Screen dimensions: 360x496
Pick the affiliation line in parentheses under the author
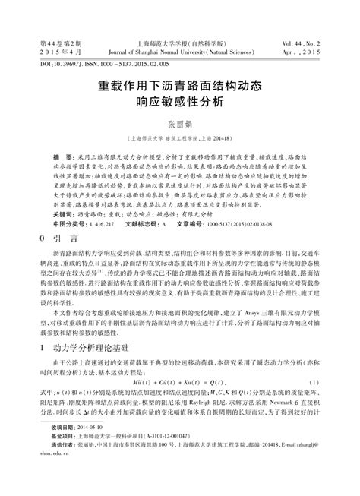pyautogui.click(x=180, y=139)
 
